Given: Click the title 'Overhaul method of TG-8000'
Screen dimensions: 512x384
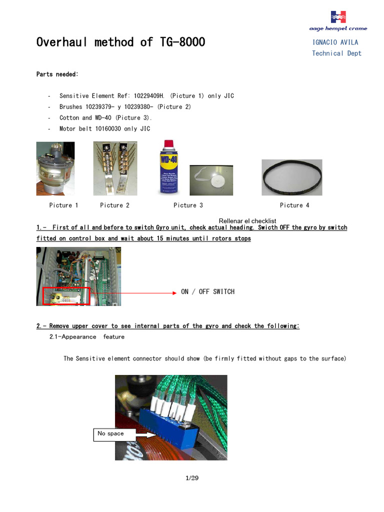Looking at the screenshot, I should [120, 42].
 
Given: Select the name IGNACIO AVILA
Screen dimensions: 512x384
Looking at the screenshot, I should [335, 42].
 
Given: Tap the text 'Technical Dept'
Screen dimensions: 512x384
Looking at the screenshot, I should [336, 53].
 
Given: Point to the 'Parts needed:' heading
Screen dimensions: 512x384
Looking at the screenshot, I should [57, 74].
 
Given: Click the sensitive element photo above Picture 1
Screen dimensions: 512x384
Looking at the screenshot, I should [55, 168].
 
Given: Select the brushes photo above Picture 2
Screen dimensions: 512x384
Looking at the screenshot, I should [114, 168].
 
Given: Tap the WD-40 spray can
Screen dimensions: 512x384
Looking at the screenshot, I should [168, 167].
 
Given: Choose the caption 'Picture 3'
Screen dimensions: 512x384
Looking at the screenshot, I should [188, 205].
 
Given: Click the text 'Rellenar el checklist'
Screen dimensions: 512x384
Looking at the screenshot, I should [247, 221].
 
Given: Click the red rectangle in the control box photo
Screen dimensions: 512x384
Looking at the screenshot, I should [66, 295].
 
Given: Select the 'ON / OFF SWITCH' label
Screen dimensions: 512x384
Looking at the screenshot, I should [207, 291].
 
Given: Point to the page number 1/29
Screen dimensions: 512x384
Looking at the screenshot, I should [192, 478].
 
